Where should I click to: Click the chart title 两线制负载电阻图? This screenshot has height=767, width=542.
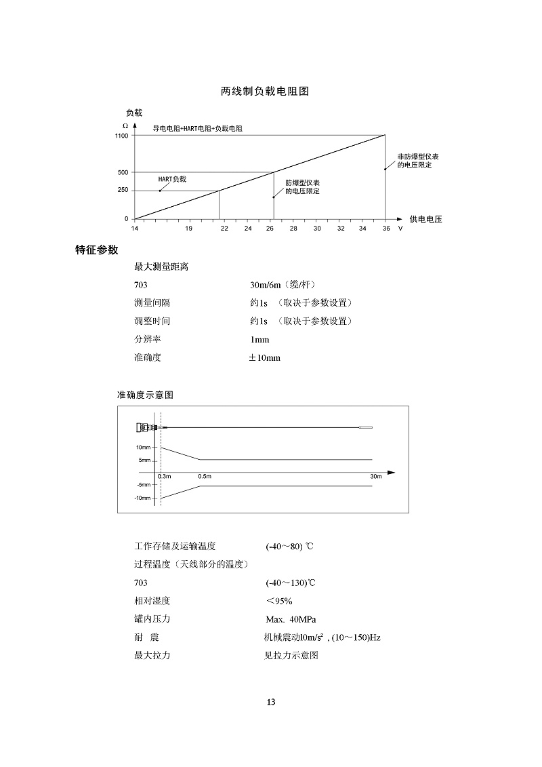point(265,91)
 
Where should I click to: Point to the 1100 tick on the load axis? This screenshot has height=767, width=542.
point(121,136)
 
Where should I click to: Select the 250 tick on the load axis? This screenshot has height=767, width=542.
point(123,191)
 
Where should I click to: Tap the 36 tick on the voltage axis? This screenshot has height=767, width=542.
point(386,229)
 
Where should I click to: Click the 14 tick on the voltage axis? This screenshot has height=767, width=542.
point(134,229)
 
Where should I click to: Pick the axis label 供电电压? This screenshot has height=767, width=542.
point(425,219)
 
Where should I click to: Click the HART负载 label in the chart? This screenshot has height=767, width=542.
point(171,179)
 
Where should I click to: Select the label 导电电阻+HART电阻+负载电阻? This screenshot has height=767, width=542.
point(197,128)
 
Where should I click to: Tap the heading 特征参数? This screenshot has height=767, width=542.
point(96,250)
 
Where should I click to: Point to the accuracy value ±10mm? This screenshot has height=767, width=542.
point(264,357)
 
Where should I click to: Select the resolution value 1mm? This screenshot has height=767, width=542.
point(259,339)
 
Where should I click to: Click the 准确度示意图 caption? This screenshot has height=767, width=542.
point(146,395)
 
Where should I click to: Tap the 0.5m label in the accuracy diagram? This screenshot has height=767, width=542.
point(205,476)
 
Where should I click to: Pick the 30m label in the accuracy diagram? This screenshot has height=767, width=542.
point(376,476)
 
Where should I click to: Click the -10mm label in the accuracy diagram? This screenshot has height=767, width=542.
point(142,498)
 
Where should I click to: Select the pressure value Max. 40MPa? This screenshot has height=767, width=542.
point(291,619)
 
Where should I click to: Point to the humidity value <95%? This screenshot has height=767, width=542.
point(279,601)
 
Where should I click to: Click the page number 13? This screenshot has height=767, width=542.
point(271,702)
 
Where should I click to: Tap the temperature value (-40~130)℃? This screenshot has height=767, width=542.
point(291,583)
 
